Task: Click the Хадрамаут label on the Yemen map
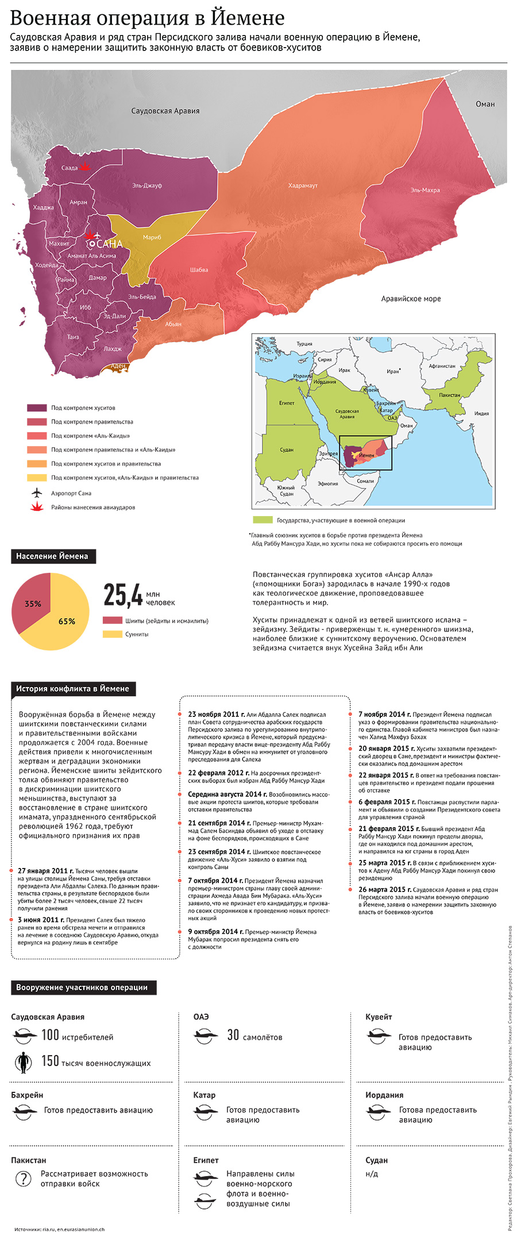[303, 185]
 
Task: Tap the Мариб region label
[152, 237]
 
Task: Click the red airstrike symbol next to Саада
[85, 166]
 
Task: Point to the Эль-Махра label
[425, 190]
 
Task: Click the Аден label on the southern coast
[118, 366]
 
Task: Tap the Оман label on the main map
[485, 104]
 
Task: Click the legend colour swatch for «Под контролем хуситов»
[37, 408]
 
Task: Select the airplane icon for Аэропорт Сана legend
[37, 493]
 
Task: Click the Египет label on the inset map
[287, 403]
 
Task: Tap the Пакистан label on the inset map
[449, 395]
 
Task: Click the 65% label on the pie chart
[67, 621]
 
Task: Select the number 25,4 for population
[123, 595]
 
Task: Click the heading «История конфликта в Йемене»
[72, 688]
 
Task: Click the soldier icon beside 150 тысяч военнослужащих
[23, 1063]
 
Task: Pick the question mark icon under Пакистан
[23, 1178]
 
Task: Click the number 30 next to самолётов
[233, 1035]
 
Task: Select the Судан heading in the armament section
[376, 1160]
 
